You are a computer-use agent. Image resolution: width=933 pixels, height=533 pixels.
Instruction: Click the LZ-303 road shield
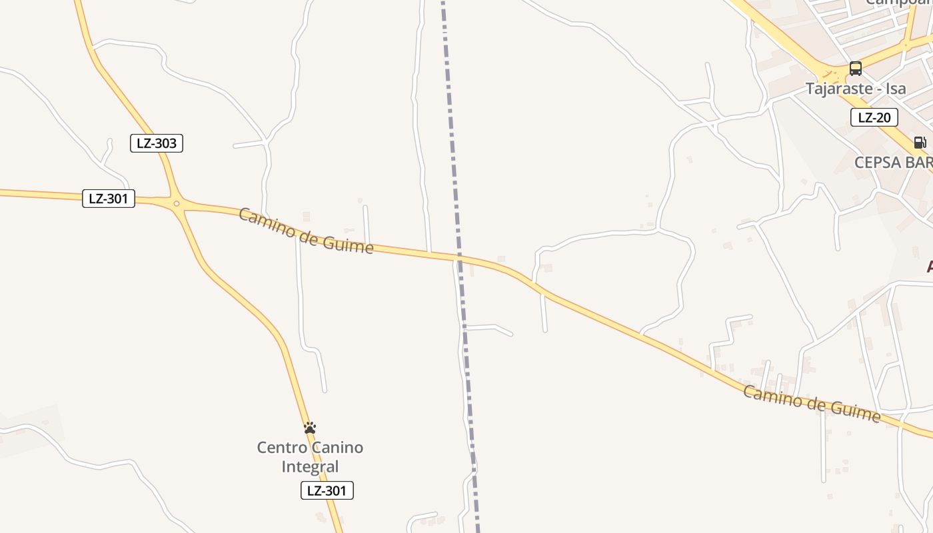157,143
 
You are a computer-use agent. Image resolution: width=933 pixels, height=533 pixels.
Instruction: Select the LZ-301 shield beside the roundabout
109,199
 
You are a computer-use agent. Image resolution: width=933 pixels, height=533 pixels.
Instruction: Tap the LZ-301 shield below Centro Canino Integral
327,491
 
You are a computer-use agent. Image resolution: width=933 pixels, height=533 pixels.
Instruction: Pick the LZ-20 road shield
874,118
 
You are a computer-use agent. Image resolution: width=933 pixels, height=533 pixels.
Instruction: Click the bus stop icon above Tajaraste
856,69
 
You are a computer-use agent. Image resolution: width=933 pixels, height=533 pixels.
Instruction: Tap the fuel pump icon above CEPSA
920,142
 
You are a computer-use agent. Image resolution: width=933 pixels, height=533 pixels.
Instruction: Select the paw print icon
310,428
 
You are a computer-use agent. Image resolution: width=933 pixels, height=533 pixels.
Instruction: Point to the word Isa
896,89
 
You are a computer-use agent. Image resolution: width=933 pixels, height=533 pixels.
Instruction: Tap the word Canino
337,447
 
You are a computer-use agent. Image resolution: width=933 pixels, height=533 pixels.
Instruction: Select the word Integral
311,466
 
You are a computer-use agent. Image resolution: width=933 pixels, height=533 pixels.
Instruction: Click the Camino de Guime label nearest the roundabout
306,231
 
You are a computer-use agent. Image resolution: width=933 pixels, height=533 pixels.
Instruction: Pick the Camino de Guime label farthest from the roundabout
812,402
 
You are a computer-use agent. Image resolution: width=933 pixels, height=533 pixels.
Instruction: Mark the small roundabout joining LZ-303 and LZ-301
176,204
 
